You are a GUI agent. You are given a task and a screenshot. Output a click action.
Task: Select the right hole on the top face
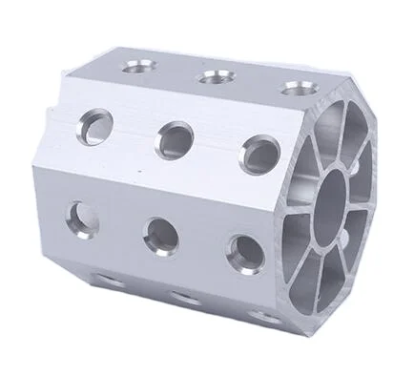pyautogui.click(x=293, y=89)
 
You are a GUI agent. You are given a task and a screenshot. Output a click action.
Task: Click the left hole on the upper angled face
pyautogui.click(x=96, y=126)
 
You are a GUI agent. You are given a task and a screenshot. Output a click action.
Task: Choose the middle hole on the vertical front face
pyautogui.click(x=159, y=232)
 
